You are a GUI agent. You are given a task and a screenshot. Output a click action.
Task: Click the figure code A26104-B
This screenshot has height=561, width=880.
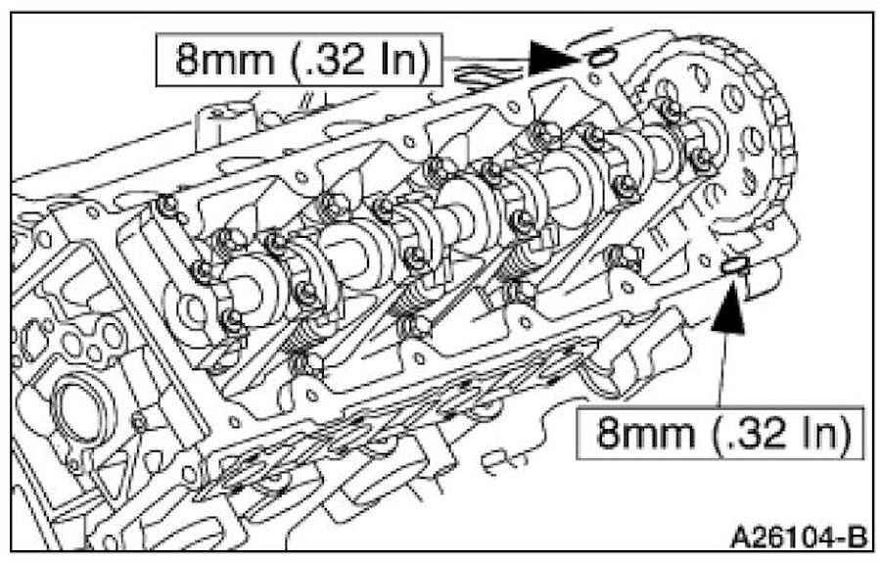798,537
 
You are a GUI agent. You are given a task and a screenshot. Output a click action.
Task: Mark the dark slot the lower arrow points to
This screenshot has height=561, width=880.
733,264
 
